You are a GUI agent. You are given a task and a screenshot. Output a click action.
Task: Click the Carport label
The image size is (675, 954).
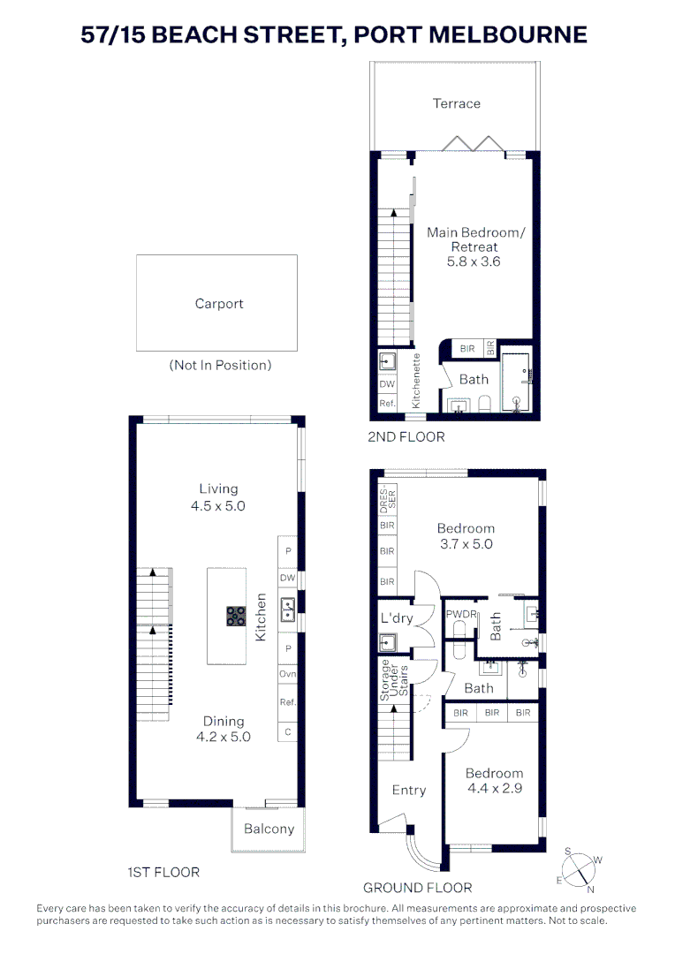click(x=219, y=304)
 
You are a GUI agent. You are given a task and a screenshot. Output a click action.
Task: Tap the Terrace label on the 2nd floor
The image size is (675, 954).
click(x=456, y=103)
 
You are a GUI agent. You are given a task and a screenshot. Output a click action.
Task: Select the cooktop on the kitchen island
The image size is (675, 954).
click(x=236, y=616)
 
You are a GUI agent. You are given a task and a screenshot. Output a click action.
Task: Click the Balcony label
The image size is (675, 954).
click(x=269, y=829)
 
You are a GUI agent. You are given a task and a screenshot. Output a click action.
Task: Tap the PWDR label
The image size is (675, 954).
click(x=460, y=614)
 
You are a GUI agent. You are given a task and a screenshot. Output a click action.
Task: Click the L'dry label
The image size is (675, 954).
click(x=398, y=618)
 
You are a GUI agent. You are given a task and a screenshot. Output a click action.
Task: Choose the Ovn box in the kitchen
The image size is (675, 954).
click(x=287, y=675)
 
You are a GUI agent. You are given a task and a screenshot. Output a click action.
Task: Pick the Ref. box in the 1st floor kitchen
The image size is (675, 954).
click(x=287, y=703)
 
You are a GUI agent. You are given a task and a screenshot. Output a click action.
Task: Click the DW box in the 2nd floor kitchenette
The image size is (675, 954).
click(x=386, y=384)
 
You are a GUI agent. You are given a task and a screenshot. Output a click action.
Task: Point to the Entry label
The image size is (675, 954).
click(x=408, y=790)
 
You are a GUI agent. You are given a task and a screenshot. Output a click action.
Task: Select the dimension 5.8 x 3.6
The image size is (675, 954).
click(x=474, y=261)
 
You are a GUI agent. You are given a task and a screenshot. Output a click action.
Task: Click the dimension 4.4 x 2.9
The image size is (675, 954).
click(x=494, y=788)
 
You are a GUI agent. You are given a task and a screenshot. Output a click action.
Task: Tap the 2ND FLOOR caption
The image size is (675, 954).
click(x=406, y=436)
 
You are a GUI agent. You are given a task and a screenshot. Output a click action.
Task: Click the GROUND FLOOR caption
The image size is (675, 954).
click(x=417, y=887)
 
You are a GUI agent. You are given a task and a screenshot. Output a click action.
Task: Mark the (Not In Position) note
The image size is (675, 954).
click(x=220, y=365)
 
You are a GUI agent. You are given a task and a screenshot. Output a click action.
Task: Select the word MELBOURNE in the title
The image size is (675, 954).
click(x=502, y=34)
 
